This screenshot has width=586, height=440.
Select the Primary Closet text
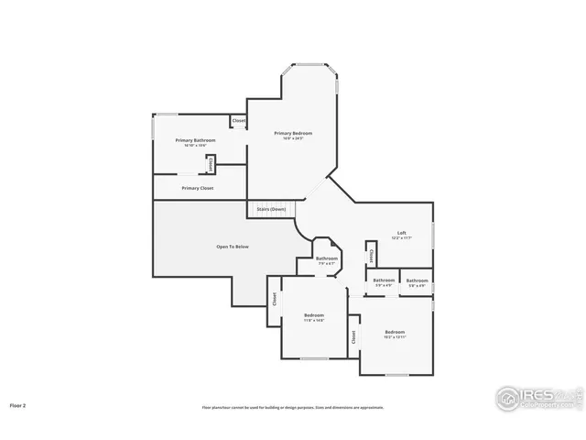pyautogui.click(x=198, y=188)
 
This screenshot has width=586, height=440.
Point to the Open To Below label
pyautogui.click(x=233, y=247)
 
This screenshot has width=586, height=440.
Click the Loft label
pyautogui.click(x=401, y=232)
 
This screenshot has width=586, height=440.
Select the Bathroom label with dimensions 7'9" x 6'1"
pyautogui.click(x=327, y=259)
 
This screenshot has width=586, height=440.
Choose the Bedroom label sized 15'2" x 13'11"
pyautogui.click(x=395, y=331)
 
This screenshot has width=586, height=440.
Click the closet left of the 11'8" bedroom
pyautogui.click(x=274, y=298)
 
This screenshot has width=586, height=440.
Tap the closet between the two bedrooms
pyautogui.click(x=353, y=336)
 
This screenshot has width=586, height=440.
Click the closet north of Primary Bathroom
pyautogui.click(x=238, y=121)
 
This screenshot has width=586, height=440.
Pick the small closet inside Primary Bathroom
pyautogui.click(x=212, y=164)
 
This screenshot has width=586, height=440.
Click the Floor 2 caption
pyautogui.click(x=18, y=404)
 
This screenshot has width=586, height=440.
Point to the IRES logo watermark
pyautogui.click(x=538, y=397)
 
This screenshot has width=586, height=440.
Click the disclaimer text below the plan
pyautogui.click(x=293, y=407)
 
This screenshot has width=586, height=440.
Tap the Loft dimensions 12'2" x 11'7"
pyautogui.click(x=401, y=237)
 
